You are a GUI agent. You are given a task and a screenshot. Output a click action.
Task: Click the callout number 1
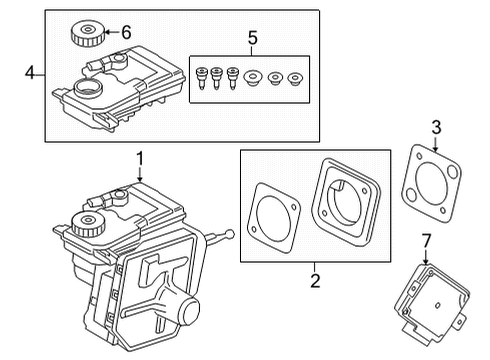pyautogui.click(x=140, y=157)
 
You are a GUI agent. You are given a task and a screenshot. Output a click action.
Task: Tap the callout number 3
pyautogui.click(x=436, y=125)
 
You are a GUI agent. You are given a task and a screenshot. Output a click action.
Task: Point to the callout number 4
pyautogui.click(x=31, y=72)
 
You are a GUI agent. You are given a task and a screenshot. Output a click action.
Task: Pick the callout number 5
pyautogui.click(x=252, y=39)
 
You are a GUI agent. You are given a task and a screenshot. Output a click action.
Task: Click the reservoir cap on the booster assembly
pyautogui.click(x=90, y=222)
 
